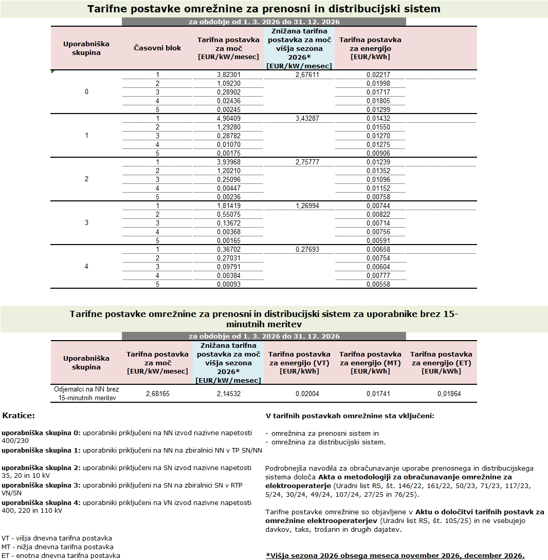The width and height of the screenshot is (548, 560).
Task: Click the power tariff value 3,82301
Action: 229,74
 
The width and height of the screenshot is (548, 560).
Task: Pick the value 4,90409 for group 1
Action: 229,118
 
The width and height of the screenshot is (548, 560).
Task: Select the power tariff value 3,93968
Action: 229,162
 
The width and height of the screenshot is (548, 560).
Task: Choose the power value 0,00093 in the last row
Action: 229,284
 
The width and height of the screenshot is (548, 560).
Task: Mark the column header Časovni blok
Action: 157,48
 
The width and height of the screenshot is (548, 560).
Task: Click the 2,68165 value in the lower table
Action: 158,394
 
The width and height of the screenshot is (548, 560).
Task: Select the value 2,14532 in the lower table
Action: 229,394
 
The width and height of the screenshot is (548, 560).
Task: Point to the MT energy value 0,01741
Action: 371,394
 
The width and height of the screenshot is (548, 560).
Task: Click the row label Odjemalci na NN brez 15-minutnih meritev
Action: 86,394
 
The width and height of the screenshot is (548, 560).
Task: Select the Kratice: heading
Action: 19,415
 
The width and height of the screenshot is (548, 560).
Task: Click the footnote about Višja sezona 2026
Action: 395,555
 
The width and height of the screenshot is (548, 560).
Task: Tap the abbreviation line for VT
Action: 57,538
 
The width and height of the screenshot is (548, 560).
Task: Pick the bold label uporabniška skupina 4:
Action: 41,502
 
